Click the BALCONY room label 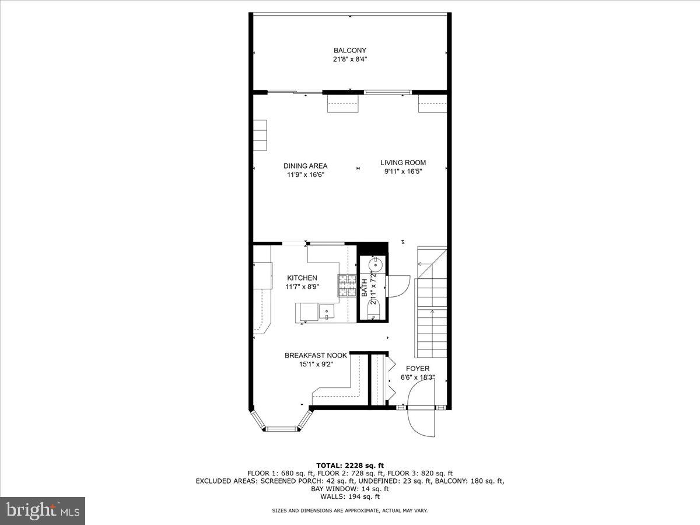[x=350, y=50]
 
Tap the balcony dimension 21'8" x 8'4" [x=350, y=59]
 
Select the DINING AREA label [x=305, y=166]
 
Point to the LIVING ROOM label [x=403, y=163]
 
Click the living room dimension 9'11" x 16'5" [x=403, y=171]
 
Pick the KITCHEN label [x=302, y=278]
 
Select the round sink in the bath [x=376, y=264]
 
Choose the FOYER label [x=418, y=369]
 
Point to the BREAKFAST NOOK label [x=316, y=355]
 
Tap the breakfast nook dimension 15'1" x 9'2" [x=316, y=365]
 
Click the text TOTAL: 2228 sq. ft [x=350, y=465]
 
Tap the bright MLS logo [x=43, y=511]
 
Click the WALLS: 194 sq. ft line [x=350, y=497]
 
